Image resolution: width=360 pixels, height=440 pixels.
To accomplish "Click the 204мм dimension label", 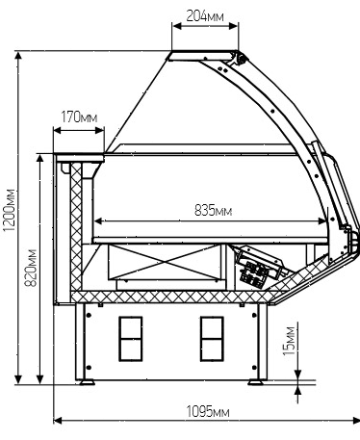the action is (x=205, y=15).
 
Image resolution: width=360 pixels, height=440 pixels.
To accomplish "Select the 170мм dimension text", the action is (x=79, y=117).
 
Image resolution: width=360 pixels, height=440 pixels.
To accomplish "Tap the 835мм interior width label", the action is (x=213, y=211).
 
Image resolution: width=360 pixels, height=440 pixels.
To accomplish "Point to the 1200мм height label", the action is (x=9, y=210).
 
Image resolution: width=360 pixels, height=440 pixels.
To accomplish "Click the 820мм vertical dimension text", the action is (x=31, y=268).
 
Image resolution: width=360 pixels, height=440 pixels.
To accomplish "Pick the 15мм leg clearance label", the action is (x=289, y=341).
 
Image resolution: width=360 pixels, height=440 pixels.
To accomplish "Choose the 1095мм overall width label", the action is (x=208, y=411).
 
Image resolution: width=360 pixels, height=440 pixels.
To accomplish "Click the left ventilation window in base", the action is (x=130, y=339).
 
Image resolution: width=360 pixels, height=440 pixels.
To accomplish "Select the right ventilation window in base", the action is (x=212, y=339).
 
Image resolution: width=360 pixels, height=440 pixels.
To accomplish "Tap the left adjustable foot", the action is (x=87, y=382).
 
